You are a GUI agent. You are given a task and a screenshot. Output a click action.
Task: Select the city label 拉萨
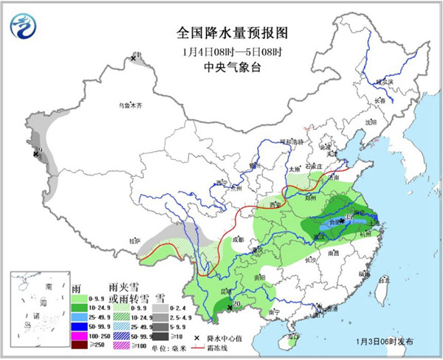click(x=134, y=240)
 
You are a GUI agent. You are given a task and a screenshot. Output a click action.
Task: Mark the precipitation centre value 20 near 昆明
click(x=237, y=304)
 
